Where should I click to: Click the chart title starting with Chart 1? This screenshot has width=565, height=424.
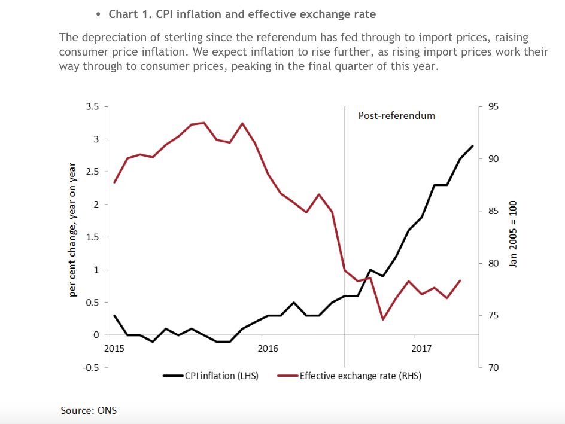pyautogui.click(x=242, y=14)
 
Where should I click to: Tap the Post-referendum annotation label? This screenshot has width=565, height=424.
pyautogui.click(x=396, y=115)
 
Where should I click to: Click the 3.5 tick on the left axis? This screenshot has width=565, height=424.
pyautogui.click(x=92, y=107)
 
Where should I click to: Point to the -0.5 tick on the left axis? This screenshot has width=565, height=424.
pyautogui.click(x=91, y=367)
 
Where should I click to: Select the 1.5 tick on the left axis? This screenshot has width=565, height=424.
pyautogui.click(x=92, y=237)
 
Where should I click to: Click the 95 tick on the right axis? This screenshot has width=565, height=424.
pyautogui.click(x=493, y=107)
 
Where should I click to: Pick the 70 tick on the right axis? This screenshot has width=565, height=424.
pyautogui.click(x=493, y=368)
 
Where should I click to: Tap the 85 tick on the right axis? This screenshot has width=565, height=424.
pyautogui.click(x=493, y=211)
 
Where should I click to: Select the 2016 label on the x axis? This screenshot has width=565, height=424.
pyautogui.click(x=268, y=348)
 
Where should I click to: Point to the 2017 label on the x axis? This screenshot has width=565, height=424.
pyautogui.click(x=422, y=348)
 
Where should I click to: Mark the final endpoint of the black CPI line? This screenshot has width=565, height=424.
pyautogui.click(x=473, y=146)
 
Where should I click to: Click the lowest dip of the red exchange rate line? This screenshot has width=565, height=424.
pyautogui.click(x=383, y=319)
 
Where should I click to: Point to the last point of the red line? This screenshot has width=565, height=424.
pyautogui.click(x=460, y=280)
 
